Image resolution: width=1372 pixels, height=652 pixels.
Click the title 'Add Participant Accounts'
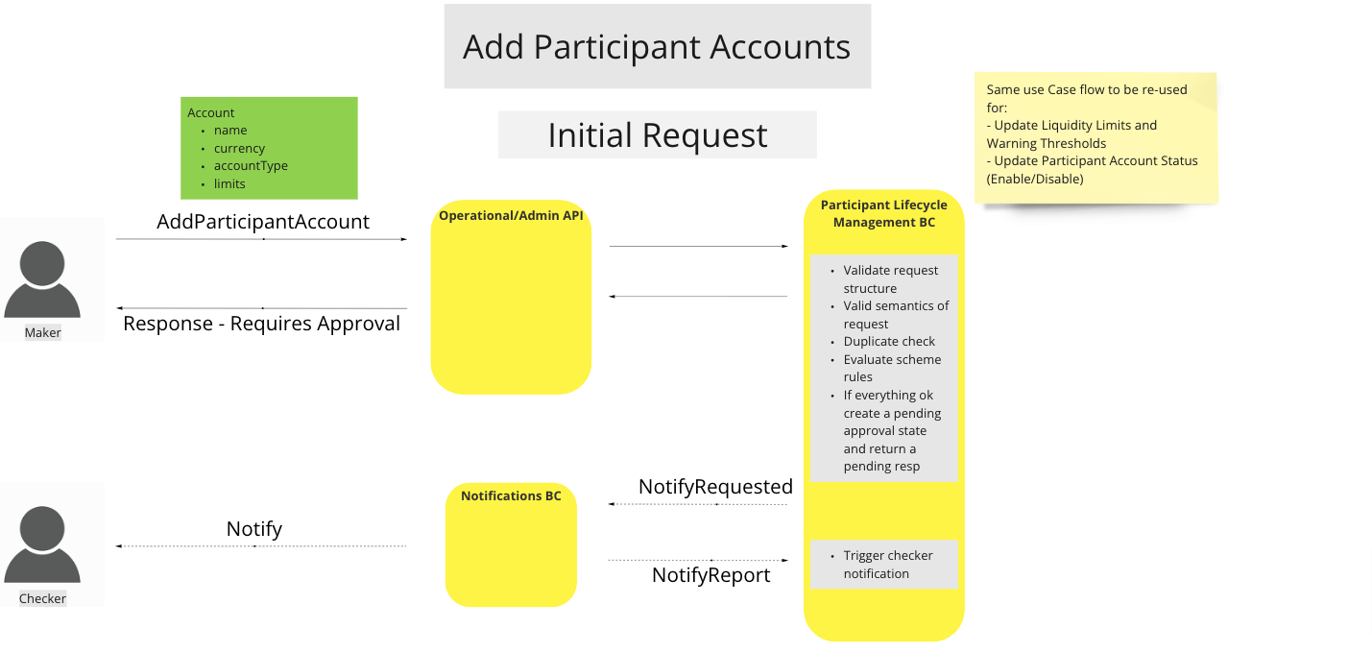point(657,47)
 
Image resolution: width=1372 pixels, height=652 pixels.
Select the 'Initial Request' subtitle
point(657,135)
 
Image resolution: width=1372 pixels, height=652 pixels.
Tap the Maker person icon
point(42,278)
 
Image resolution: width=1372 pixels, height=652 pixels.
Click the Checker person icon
point(42,544)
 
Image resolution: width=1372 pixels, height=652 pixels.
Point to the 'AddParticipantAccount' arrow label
point(262,222)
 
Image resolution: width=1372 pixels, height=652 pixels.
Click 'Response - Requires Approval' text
point(261,324)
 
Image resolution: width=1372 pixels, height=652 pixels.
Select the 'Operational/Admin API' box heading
point(511,216)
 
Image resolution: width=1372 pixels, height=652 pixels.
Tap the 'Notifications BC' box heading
point(511,496)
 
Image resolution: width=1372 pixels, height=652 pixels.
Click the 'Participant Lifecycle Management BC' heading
point(883,213)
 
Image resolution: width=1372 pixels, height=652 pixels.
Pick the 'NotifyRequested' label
point(715,487)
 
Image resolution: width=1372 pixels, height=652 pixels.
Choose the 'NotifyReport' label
point(710,575)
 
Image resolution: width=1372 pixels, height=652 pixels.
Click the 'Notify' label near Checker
point(254,529)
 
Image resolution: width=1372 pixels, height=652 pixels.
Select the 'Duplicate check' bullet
point(889,342)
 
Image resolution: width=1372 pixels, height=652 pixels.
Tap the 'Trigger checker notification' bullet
point(887,565)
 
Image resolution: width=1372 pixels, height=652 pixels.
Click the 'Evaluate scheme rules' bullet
point(891,368)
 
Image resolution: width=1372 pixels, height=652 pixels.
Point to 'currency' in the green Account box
point(239,149)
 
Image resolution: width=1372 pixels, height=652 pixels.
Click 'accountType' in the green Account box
point(251,166)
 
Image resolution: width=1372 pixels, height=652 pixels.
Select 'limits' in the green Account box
point(229,184)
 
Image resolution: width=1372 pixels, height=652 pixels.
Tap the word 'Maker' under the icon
point(42,333)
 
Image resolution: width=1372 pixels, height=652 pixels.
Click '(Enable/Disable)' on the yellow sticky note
point(1035,179)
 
